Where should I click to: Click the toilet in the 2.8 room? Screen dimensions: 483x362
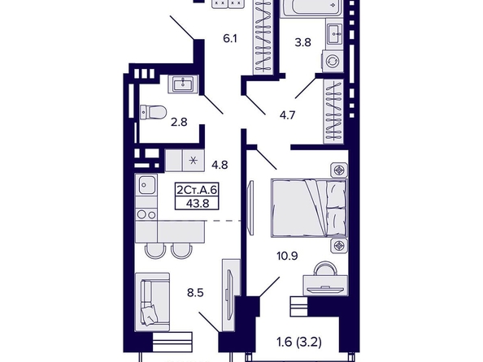point(153,112)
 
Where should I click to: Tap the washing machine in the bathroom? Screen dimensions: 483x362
point(333,61)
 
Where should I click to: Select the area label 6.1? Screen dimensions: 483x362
point(230,39)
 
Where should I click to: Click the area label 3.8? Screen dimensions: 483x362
point(302,42)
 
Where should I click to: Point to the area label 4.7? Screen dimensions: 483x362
point(287,115)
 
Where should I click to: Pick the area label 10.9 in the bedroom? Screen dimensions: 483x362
point(287,256)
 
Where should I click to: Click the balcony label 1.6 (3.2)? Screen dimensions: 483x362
point(299,342)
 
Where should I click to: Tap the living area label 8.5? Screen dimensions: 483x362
point(195,292)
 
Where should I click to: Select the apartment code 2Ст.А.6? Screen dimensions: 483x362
point(197,190)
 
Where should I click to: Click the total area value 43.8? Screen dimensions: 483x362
point(198,203)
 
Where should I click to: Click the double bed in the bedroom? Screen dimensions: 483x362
point(309,209)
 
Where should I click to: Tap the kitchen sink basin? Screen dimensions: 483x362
point(146,184)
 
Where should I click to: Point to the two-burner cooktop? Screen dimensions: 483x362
point(146,214)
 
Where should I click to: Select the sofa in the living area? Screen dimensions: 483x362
point(153,302)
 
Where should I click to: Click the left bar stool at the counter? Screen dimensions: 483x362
point(155,250)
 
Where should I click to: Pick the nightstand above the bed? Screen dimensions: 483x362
point(339,170)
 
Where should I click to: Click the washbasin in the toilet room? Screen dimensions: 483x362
point(183,84)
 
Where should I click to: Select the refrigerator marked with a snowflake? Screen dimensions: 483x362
point(194,160)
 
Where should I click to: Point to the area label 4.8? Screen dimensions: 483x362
point(220,165)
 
